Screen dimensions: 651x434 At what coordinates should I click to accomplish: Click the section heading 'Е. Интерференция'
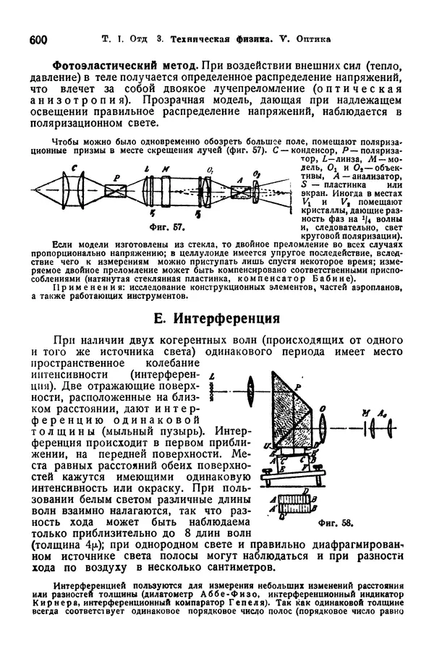216,318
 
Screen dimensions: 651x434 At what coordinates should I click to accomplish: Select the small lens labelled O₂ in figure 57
278,190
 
